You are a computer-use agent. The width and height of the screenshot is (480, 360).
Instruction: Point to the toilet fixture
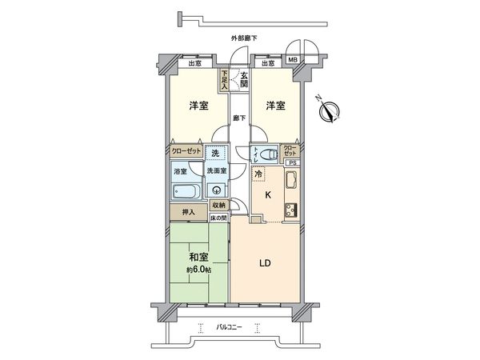click(x=269, y=153)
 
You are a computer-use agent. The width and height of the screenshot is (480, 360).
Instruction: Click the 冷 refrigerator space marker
click(x=259, y=173)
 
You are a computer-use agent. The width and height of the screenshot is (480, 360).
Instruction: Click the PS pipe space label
click(x=292, y=163)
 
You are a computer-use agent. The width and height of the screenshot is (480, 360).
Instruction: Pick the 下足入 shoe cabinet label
click(x=226, y=80)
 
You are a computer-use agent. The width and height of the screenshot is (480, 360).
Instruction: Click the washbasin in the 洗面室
click(x=215, y=190)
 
